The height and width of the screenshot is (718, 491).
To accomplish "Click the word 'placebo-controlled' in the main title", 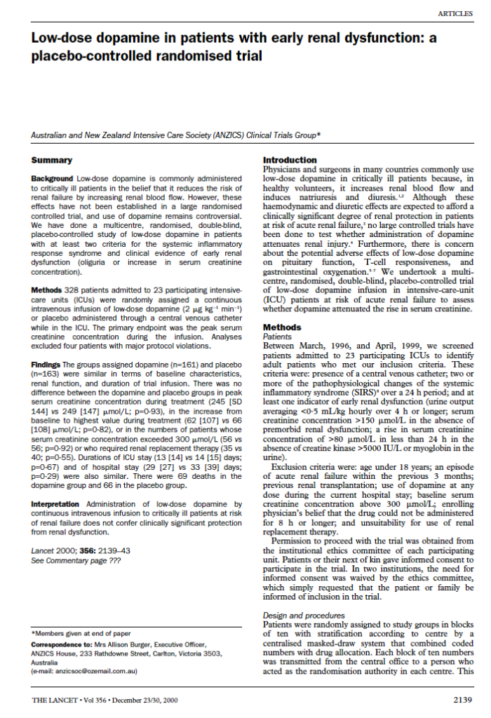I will pos(78,55).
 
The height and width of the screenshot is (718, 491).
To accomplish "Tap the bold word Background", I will pos(52,179).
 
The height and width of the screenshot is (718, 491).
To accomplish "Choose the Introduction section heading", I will pos(290,161).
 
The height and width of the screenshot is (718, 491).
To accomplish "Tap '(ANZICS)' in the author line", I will pos(218,134).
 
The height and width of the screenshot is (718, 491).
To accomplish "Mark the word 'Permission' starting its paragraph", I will pos(293,541).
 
